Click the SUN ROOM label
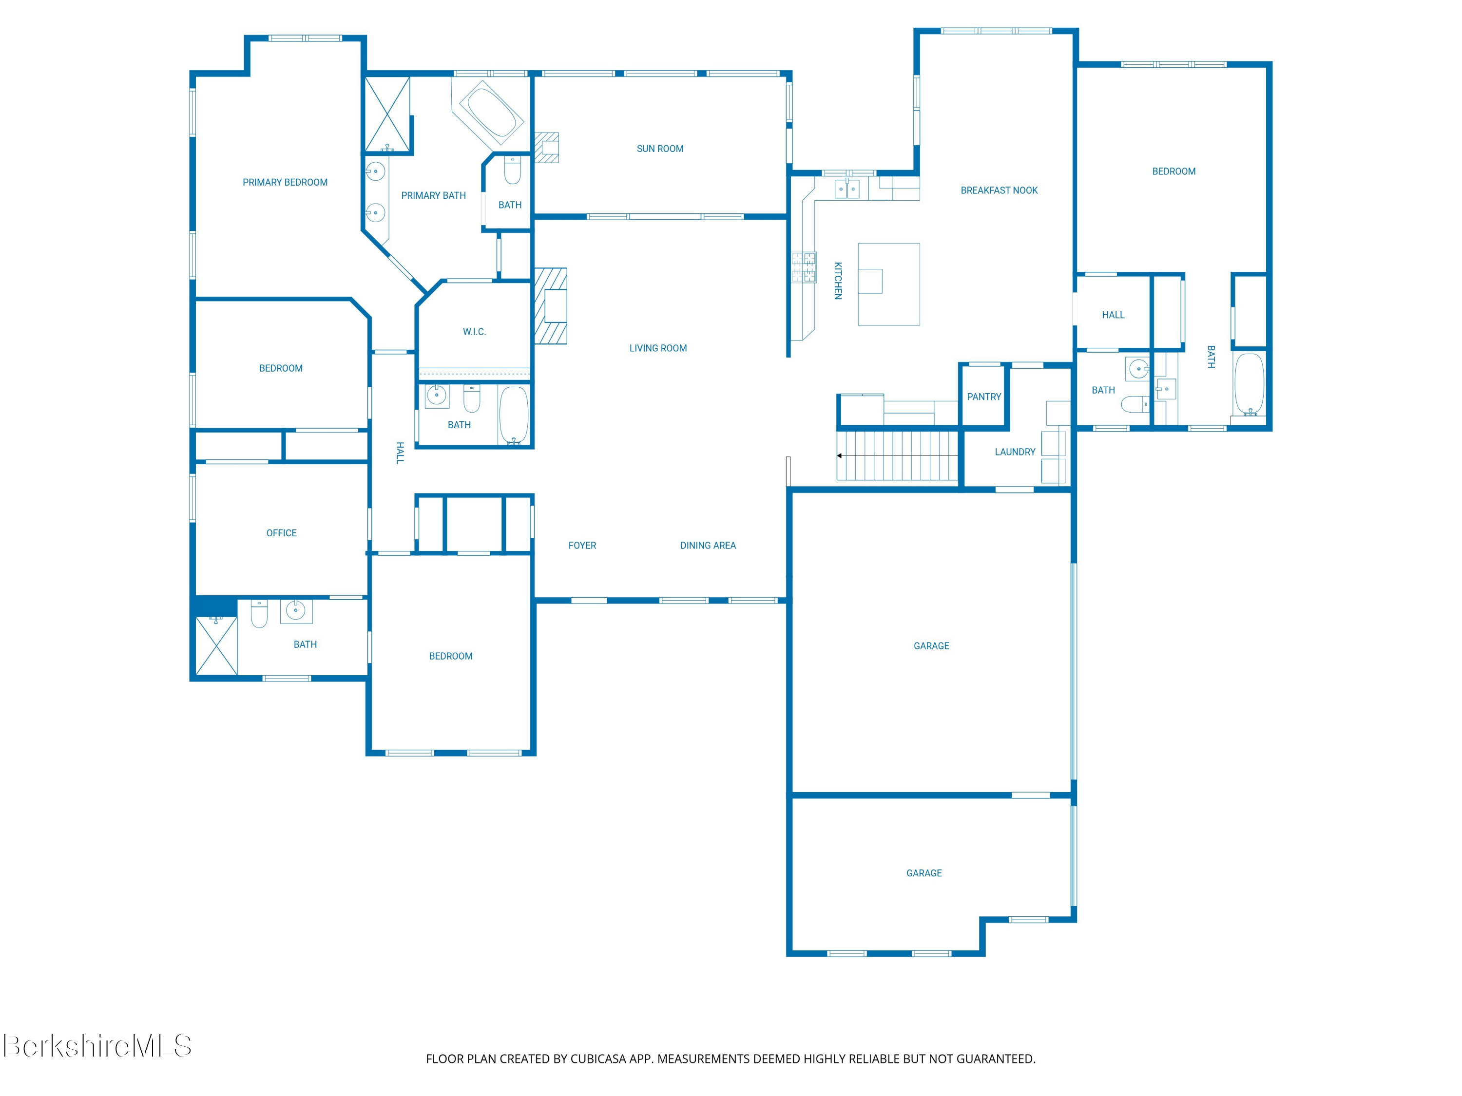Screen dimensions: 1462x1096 click(660, 149)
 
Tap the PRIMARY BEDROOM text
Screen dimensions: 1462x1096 click(285, 182)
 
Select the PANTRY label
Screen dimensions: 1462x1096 click(983, 397)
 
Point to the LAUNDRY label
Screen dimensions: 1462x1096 click(1015, 452)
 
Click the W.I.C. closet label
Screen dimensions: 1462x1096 click(474, 332)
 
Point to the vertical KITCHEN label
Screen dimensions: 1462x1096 click(838, 281)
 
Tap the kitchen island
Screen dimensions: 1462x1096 click(888, 284)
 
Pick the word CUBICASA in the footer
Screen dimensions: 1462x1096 click(597, 1059)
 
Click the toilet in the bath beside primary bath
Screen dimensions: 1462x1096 click(512, 170)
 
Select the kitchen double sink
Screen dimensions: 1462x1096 click(846, 189)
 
